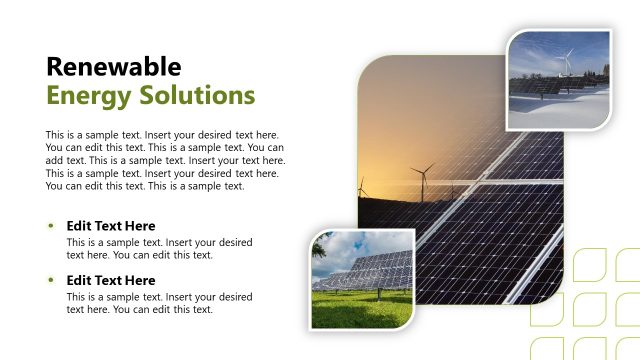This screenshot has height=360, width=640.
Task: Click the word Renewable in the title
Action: click(114, 67)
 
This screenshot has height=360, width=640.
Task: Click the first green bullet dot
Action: click(52, 225)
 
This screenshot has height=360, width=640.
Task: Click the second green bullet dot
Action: click(52, 279)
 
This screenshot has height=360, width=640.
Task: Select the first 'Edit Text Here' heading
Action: click(111, 226)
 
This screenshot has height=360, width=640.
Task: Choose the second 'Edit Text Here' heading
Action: click(111, 280)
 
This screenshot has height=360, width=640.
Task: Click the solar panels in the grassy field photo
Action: click(375, 269)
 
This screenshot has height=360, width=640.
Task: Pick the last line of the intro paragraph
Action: click(145, 186)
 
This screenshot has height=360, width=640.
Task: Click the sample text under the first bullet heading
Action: click(159, 249)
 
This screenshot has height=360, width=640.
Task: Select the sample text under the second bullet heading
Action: click(159, 303)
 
